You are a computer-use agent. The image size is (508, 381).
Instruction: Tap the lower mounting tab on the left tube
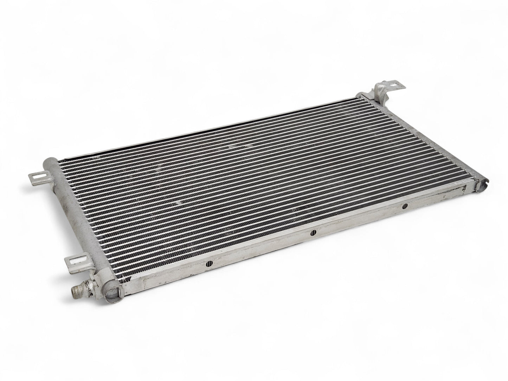pos(74,261)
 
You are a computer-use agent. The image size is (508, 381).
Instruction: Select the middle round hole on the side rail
pos(313,232)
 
